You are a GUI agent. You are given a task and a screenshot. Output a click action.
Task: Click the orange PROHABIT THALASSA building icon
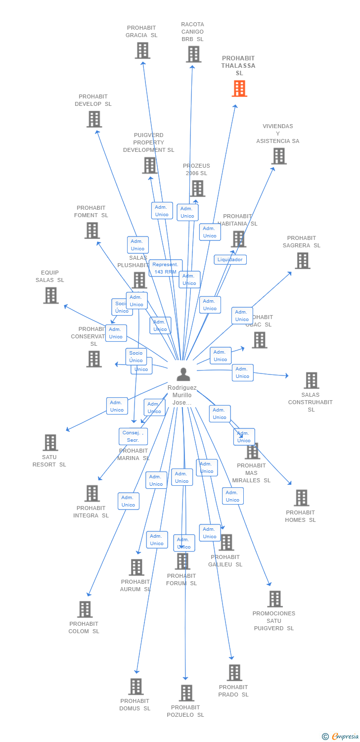point(239,89)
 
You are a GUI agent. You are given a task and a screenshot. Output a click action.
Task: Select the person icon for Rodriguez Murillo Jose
point(183,374)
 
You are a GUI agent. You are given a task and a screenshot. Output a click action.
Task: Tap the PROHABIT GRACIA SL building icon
point(142,50)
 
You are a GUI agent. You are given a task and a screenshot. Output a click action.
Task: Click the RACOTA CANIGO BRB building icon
point(193,54)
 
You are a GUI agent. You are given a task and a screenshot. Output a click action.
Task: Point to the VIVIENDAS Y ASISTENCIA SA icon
point(278,156)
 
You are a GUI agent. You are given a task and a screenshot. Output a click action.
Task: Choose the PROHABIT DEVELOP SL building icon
point(94,119)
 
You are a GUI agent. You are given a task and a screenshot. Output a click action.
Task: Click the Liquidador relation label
point(230,260)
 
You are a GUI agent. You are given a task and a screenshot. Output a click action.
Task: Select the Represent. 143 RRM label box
point(166,268)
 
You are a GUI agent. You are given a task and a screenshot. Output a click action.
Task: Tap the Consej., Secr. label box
point(133,436)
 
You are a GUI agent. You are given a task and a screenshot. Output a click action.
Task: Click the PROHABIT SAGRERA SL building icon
point(302,261)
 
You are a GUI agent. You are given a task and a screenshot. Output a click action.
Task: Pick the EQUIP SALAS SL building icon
point(50,295)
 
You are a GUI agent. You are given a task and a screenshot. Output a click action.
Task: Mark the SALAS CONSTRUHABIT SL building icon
point(311,380)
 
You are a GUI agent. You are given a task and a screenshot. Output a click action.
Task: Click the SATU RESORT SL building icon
point(50,443)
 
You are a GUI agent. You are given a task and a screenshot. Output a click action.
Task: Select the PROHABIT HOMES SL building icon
point(301,498)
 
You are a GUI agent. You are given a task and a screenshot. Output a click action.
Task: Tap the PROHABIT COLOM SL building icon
point(85,609)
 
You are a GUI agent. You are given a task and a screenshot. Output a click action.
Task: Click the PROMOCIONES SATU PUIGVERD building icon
point(274,599)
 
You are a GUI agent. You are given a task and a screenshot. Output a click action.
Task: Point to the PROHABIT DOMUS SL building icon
point(135,687)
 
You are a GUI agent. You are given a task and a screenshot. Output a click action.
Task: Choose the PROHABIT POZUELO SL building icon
point(186,693)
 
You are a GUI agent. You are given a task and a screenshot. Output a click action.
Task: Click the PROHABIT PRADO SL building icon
point(234,673)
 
